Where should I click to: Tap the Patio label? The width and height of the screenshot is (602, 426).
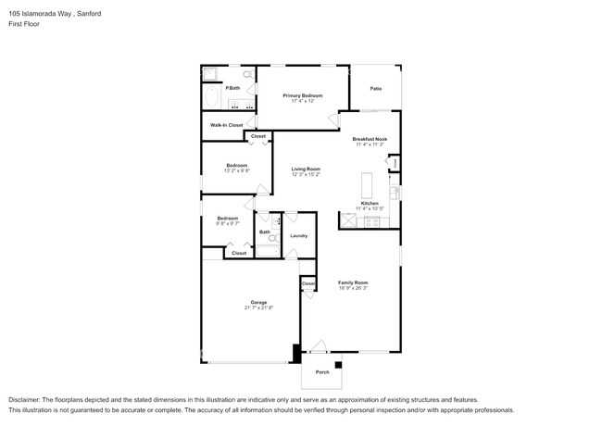point(376,89)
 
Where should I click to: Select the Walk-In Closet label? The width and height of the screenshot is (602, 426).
point(227,124)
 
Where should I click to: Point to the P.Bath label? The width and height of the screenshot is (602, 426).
point(232,88)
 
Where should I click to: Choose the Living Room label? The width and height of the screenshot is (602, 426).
point(306,169)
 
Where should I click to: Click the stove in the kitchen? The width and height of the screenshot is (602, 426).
point(373,221)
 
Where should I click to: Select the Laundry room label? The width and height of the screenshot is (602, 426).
point(298,236)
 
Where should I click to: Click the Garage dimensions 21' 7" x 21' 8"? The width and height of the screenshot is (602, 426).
point(258,307)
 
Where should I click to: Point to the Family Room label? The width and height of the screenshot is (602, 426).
point(353,282)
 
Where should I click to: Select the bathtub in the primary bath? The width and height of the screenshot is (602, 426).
point(211,95)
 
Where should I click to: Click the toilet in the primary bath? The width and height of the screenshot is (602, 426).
point(248,73)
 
